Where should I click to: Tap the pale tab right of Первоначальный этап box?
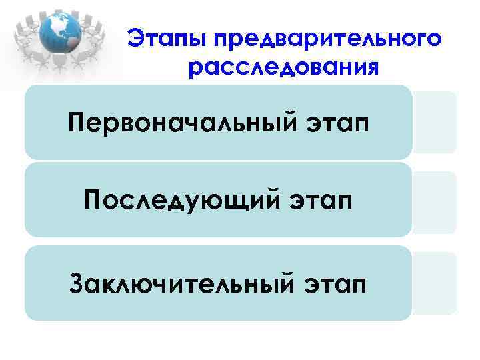pos(435,122)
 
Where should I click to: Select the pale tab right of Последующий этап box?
pos(435,202)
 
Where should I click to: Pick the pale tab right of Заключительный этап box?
pos(435,283)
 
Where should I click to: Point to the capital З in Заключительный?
pos(76,283)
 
